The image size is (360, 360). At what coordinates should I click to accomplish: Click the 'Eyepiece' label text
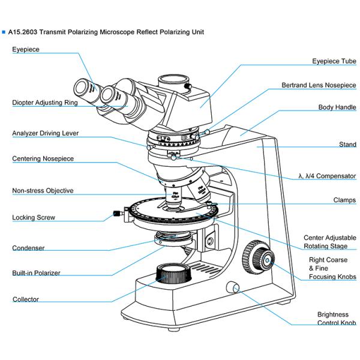click(x=26, y=49)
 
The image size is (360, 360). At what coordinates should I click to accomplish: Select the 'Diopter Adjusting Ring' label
click(x=44, y=103)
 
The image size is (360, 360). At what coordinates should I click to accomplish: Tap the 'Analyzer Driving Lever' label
click(x=45, y=133)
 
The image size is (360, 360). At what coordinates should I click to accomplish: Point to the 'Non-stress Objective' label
click(x=43, y=191)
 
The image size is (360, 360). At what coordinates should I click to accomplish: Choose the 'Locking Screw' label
click(x=34, y=217)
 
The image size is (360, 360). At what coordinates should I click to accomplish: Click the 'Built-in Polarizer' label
click(x=36, y=273)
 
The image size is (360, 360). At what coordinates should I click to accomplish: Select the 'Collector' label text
click(x=25, y=299)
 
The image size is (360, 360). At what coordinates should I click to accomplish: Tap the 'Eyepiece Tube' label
click(x=334, y=61)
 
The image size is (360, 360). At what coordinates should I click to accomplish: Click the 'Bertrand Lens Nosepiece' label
click(x=319, y=85)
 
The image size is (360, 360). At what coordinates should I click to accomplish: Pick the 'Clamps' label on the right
click(x=344, y=200)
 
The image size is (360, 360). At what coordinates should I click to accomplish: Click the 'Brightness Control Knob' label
click(x=336, y=319)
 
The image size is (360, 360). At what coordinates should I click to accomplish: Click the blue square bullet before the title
click(x=4, y=32)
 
